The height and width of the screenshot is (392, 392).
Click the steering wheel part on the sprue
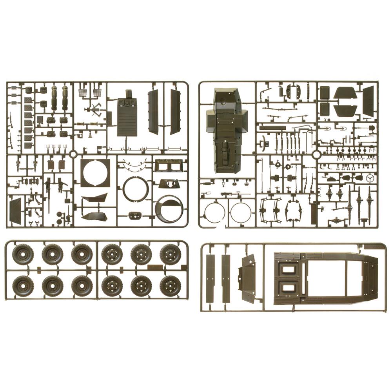click(369, 179)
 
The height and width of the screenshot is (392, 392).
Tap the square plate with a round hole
click(95, 173)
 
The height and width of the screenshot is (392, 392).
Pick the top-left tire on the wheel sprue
click(23, 254)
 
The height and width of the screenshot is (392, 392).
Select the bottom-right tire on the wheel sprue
click(170, 286)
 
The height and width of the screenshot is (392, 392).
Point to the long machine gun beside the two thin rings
click(235, 194)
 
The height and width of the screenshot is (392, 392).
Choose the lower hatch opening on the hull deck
click(288, 288)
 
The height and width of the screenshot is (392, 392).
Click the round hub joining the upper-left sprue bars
click(73, 154)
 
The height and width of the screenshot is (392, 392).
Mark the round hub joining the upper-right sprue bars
click(316, 155)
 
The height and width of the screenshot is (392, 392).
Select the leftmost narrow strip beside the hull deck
click(211, 278)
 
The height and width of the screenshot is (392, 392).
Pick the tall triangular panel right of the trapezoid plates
click(368, 101)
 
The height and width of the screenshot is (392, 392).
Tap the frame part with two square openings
click(169, 165)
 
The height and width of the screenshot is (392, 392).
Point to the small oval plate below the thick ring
click(135, 215)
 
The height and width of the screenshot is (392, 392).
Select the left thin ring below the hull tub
click(215, 212)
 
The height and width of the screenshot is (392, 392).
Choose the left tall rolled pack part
click(54, 98)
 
